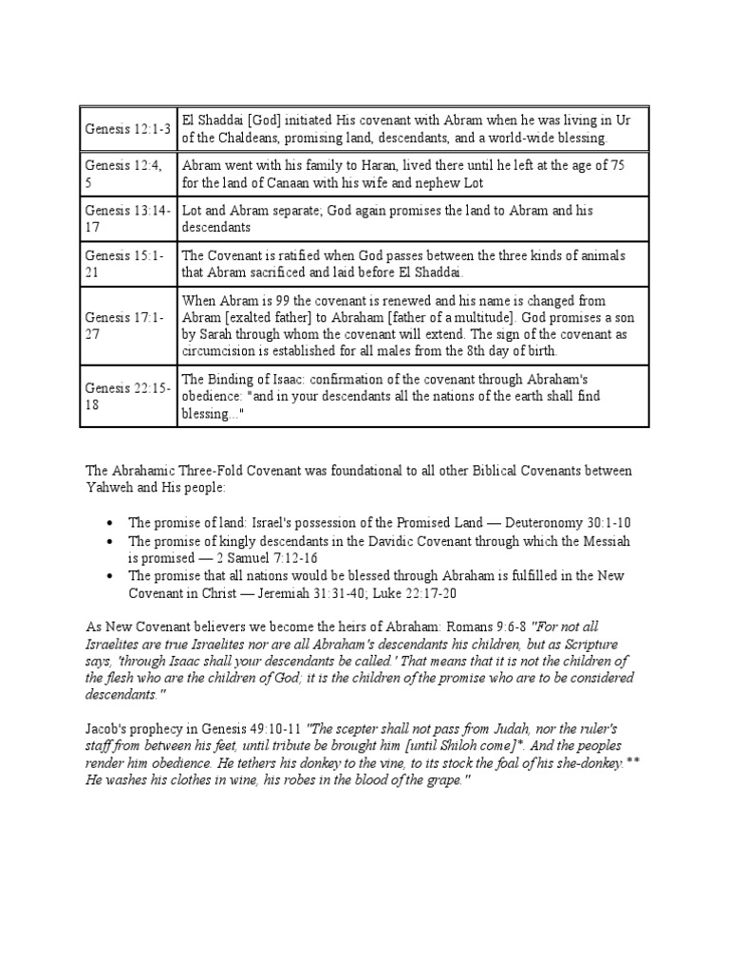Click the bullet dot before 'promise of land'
pos(111,523)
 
